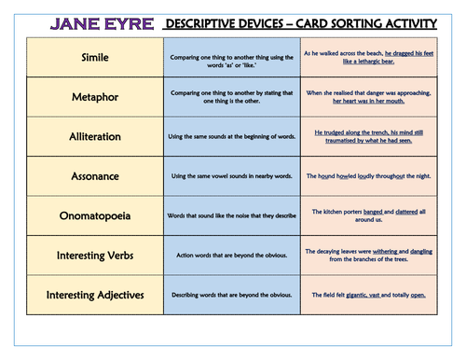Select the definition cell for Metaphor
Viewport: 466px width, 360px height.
pyautogui.click(x=232, y=98)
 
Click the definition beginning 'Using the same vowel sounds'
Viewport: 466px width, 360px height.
pyautogui.click(x=232, y=176)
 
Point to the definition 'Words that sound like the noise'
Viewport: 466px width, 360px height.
pyautogui.click(x=232, y=215)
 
